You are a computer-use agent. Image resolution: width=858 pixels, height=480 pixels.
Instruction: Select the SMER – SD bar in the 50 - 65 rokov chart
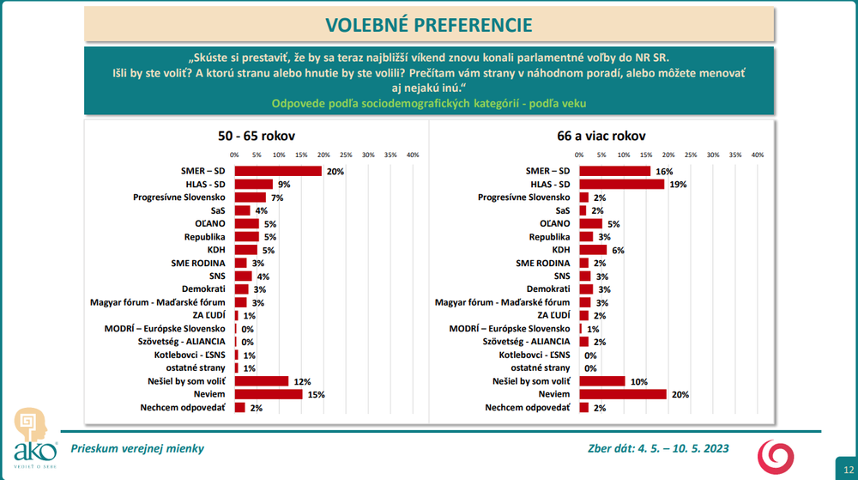point(278,171)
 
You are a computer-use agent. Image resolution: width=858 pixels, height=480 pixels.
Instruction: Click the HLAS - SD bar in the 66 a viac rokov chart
point(622,184)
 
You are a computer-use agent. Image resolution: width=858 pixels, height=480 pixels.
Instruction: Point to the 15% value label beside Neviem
point(317,394)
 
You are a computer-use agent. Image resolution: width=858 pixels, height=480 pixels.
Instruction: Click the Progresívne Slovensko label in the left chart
point(179,197)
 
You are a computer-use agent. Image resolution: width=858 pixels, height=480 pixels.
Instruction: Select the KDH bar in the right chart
point(593,250)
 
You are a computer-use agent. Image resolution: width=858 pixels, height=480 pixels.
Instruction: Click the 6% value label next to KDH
point(616,250)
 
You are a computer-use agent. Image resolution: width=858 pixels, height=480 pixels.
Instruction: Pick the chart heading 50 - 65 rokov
point(256,136)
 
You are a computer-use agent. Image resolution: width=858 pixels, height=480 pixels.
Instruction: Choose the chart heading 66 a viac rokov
point(601,136)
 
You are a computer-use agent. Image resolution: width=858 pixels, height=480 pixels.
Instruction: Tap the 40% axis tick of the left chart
point(412,155)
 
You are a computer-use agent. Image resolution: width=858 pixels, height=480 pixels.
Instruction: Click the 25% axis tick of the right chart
point(691,155)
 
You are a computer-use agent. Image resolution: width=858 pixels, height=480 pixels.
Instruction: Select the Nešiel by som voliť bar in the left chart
point(262,380)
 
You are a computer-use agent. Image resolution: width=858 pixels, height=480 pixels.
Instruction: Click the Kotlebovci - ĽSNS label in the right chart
point(535,355)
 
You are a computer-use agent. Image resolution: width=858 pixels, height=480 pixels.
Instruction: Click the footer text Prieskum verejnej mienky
point(137,448)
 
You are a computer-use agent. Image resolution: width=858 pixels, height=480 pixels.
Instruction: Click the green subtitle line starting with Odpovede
point(429,104)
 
